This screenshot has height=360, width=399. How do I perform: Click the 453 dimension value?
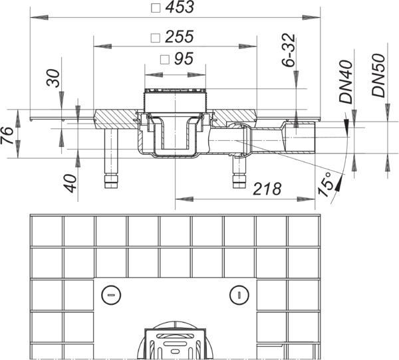coord(180,7)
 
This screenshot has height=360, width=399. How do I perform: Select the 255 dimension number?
coord(180,37)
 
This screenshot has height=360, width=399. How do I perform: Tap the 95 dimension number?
coord(184,58)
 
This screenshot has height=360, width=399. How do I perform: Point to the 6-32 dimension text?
coord(289,50)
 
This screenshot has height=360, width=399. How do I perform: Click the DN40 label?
coord(346,81)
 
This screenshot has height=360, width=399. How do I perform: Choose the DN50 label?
coord(379,75)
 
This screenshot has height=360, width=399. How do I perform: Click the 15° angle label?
coord(326,185)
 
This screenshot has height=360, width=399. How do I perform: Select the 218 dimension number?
coord(267,189)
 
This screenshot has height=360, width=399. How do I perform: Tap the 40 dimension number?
coord(70,183)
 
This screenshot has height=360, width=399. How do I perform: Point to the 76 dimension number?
coord(7,135)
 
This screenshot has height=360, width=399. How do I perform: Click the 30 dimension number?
coord(53,78)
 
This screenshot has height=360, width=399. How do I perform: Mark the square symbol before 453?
coord(156,8)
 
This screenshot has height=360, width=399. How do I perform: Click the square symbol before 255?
coord(155,38)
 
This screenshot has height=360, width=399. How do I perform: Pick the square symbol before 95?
coord(165,60)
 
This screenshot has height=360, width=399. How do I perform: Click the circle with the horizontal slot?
coord(111,295)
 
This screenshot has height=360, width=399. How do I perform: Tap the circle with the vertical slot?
coord(239,295)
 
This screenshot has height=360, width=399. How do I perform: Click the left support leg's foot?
coord(111,181)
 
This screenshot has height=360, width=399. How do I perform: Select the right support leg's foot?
coord(239,181)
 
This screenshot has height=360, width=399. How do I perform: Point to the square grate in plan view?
coord(175,344)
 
